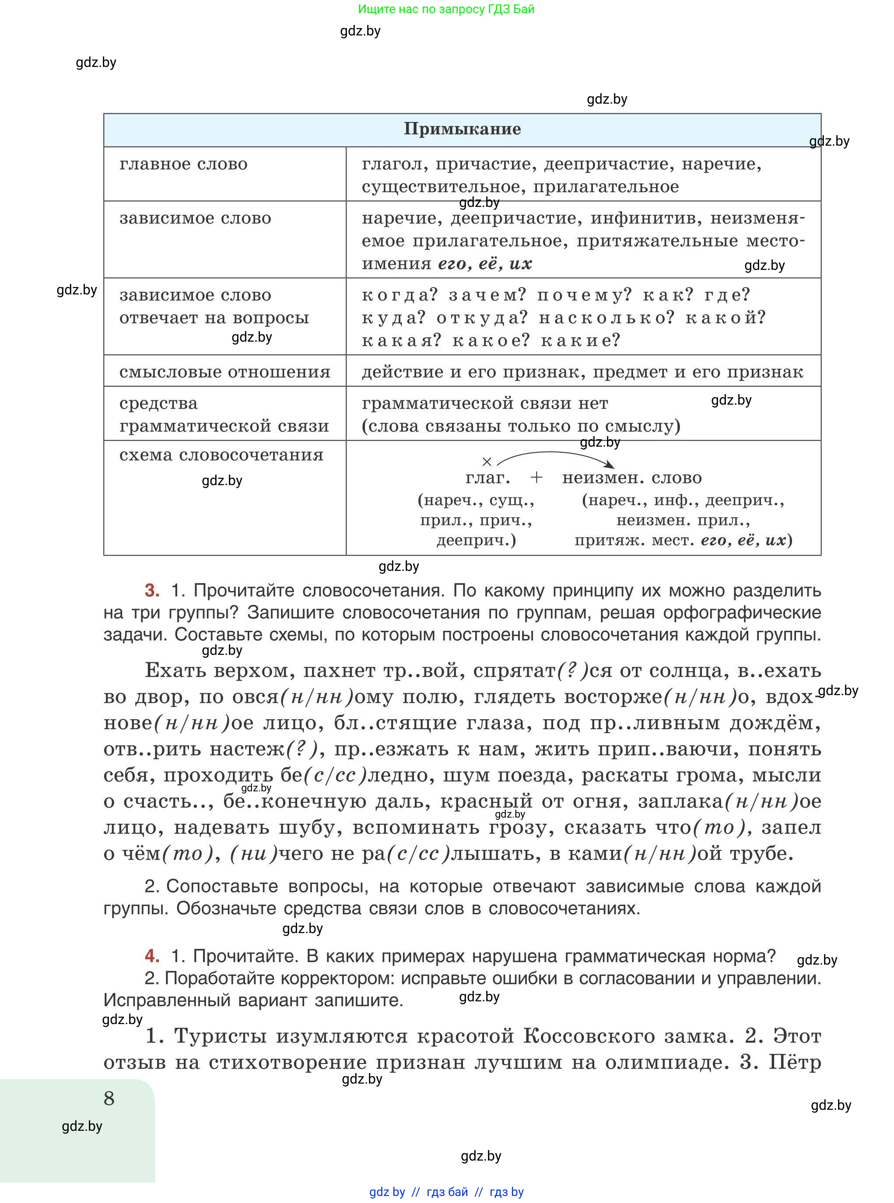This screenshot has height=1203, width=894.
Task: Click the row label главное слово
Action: click(x=183, y=164)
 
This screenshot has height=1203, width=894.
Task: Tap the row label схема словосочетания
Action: click(x=221, y=455)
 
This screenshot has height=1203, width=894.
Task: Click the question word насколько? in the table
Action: click(x=607, y=318)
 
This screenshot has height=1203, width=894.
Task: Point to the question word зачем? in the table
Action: click(x=487, y=295)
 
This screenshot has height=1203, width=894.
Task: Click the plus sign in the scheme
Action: click(x=536, y=477)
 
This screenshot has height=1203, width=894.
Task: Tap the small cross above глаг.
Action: click(x=487, y=462)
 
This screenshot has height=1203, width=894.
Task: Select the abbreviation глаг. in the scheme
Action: click(x=487, y=478)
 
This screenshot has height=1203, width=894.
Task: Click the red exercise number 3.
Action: click(x=152, y=590)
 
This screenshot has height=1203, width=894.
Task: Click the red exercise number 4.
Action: click(x=152, y=956)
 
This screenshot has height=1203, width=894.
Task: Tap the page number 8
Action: click(x=109, y=1098)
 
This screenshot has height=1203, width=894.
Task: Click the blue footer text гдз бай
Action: click(x=447, y=1192)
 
